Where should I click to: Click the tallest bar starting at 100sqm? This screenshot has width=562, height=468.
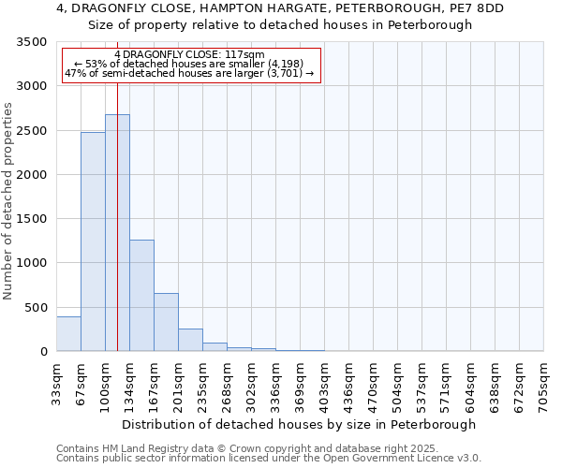coord(117,233)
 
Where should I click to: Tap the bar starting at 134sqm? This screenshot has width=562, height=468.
coord(141,296)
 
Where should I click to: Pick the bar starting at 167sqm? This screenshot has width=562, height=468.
coord(166,322)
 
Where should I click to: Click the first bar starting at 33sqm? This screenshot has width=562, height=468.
coord(68,334)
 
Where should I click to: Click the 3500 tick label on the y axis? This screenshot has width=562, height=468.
coord(31,42)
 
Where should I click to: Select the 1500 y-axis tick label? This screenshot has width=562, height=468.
coord(31,219)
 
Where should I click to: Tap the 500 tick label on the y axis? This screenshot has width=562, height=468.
coord(35,308)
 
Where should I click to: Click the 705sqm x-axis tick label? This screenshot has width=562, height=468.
coord(543,383)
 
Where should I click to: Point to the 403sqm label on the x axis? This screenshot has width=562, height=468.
coord(324,383)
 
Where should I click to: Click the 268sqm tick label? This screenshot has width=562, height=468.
coord(227,383)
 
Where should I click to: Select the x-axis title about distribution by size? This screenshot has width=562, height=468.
coord(299,424)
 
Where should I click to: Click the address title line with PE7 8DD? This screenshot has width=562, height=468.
coord(280,8)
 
